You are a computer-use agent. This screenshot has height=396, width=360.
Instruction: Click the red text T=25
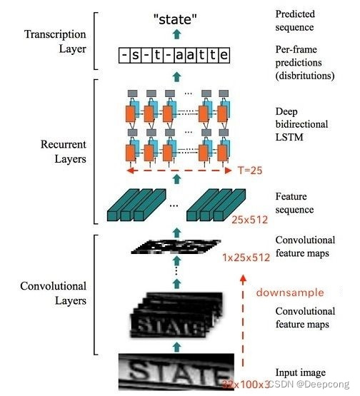[251, 171]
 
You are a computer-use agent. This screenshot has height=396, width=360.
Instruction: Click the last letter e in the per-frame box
[224, 55]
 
